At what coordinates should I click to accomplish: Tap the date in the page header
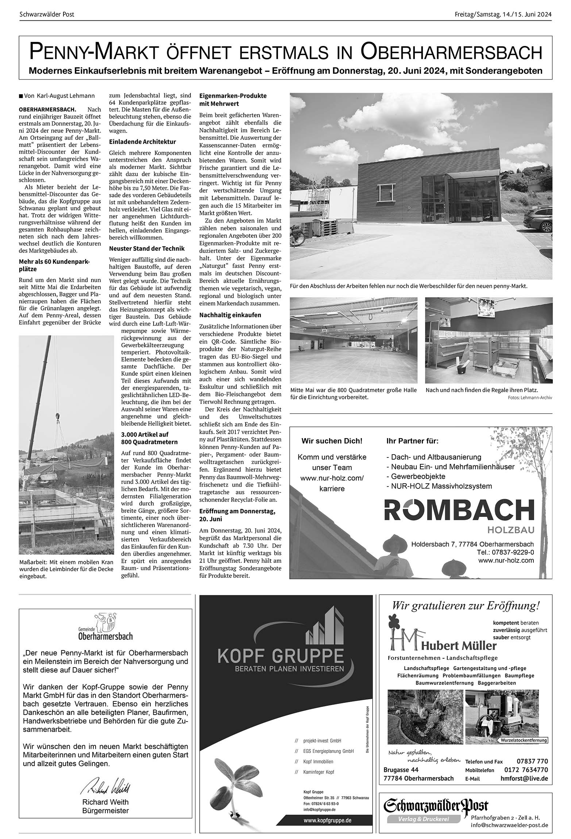pos(503,15)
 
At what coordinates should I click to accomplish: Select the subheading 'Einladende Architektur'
pos(142,142)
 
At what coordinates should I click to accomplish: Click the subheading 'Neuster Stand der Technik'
pos(147,248)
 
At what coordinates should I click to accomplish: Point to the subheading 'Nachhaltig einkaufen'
pos(230,314)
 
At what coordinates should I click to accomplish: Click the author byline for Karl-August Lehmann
pos(59,96)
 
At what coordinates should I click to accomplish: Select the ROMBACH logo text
pos(459,510)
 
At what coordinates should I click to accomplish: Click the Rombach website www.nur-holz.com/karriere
pos(332,483)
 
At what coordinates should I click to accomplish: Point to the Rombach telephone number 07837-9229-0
pos(505,552)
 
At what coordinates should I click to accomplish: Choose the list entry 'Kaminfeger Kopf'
pos(318,772)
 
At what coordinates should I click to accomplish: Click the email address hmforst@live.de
pos(524,778)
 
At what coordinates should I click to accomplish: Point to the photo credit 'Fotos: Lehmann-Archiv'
pos(529,397)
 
